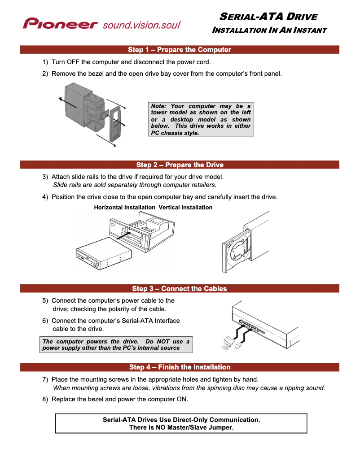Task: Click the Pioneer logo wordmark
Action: pos(60,23)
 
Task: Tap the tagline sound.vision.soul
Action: pos(141,24)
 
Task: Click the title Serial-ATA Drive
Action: pos(268,17)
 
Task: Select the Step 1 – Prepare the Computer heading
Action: pos(180,50)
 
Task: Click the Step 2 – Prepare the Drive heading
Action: pos(180,165)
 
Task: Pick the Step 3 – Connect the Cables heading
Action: pos(180,288)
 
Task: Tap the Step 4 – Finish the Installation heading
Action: pos(180,367)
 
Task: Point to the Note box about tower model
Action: pos(201,119)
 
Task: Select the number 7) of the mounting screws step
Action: pos(45,380)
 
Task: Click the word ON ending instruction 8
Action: pos(183,399)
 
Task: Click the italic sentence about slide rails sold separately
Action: pos(135,184)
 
